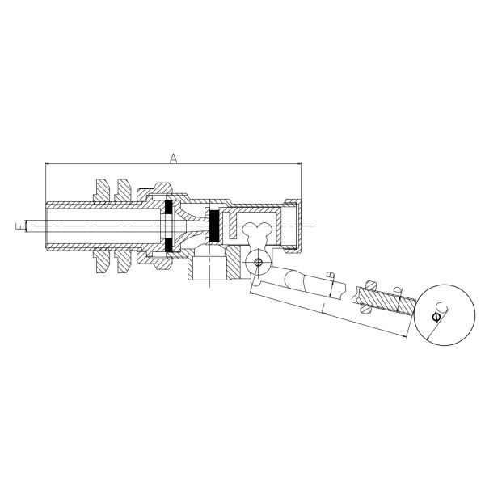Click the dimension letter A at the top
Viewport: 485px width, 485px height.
[x=173, y=158]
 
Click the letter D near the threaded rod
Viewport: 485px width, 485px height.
[x=398, y=290]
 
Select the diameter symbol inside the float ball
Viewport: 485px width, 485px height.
[x=436, y=317]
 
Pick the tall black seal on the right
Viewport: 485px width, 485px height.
[x=215, y=226]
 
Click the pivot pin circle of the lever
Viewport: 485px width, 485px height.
[x=258, y=263]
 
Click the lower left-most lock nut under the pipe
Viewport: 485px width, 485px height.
[x=103, y=262]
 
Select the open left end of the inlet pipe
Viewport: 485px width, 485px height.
[x=47, y=226]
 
